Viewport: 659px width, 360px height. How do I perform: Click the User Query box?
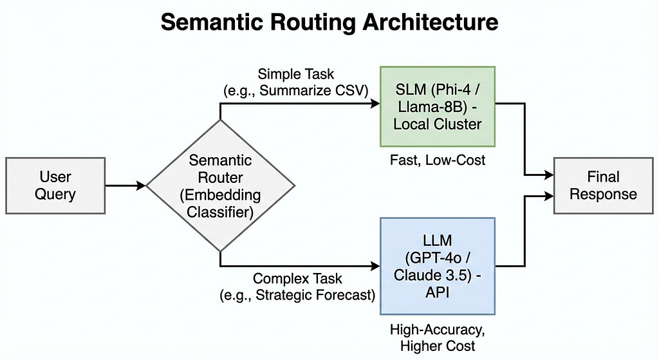coord(55,185)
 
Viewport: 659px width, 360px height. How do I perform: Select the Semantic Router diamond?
coord(220,185)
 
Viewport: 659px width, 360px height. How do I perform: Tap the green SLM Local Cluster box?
coord(438,106)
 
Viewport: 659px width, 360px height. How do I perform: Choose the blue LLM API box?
coord(438,266)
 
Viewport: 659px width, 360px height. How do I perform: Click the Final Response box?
coord(603,185)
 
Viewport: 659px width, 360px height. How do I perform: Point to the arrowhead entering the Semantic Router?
coord(141,185)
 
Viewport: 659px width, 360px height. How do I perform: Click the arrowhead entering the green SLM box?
coord(375,104)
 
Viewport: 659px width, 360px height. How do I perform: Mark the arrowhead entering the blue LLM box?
coord(375,266)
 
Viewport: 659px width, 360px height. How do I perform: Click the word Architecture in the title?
coord(431,22)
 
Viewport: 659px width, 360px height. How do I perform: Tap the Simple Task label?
coord(296,74)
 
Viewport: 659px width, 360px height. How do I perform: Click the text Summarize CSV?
coord(313,90)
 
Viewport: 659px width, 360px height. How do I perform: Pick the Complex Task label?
coord(297,278)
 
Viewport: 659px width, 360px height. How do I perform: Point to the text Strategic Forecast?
coord(314,295)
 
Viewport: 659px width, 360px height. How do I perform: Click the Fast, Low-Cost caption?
coord(438,160)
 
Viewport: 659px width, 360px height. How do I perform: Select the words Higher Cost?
coord(438,346)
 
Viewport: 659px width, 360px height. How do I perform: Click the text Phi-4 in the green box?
coord(454,89)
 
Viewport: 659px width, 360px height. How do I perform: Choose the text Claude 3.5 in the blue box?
coord(431,274)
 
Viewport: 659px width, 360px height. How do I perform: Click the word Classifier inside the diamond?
coord(220,212)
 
